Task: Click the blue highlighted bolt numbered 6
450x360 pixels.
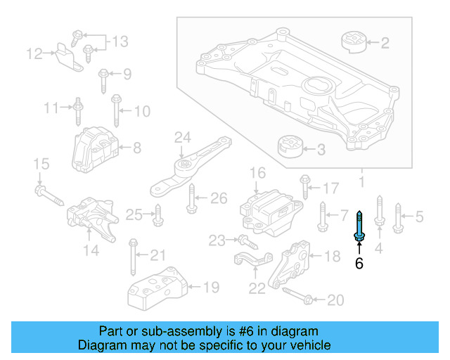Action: click(x=359, y=229)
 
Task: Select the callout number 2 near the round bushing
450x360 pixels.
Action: click(x=385, y=44)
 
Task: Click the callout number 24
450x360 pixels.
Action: click(x=183, y=137)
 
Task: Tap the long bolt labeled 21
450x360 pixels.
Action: click(x=132, y=256)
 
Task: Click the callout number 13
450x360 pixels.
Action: click(x=120, y=41)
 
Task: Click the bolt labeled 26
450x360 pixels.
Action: click(x=191, y=200)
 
